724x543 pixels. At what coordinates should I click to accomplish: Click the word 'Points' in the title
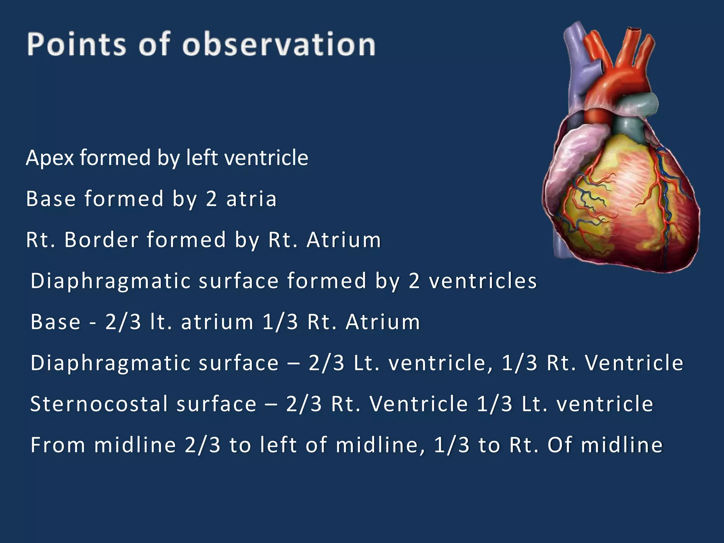(76, 44)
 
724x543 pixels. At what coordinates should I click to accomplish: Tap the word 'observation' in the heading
(279, 44)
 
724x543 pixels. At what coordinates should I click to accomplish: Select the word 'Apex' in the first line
(49, 158)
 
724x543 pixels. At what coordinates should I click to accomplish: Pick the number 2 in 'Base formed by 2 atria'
(211, 199)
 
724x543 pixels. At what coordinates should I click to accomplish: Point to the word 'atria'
(251, 199)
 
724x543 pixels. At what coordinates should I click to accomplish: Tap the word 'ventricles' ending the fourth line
(483, 281)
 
